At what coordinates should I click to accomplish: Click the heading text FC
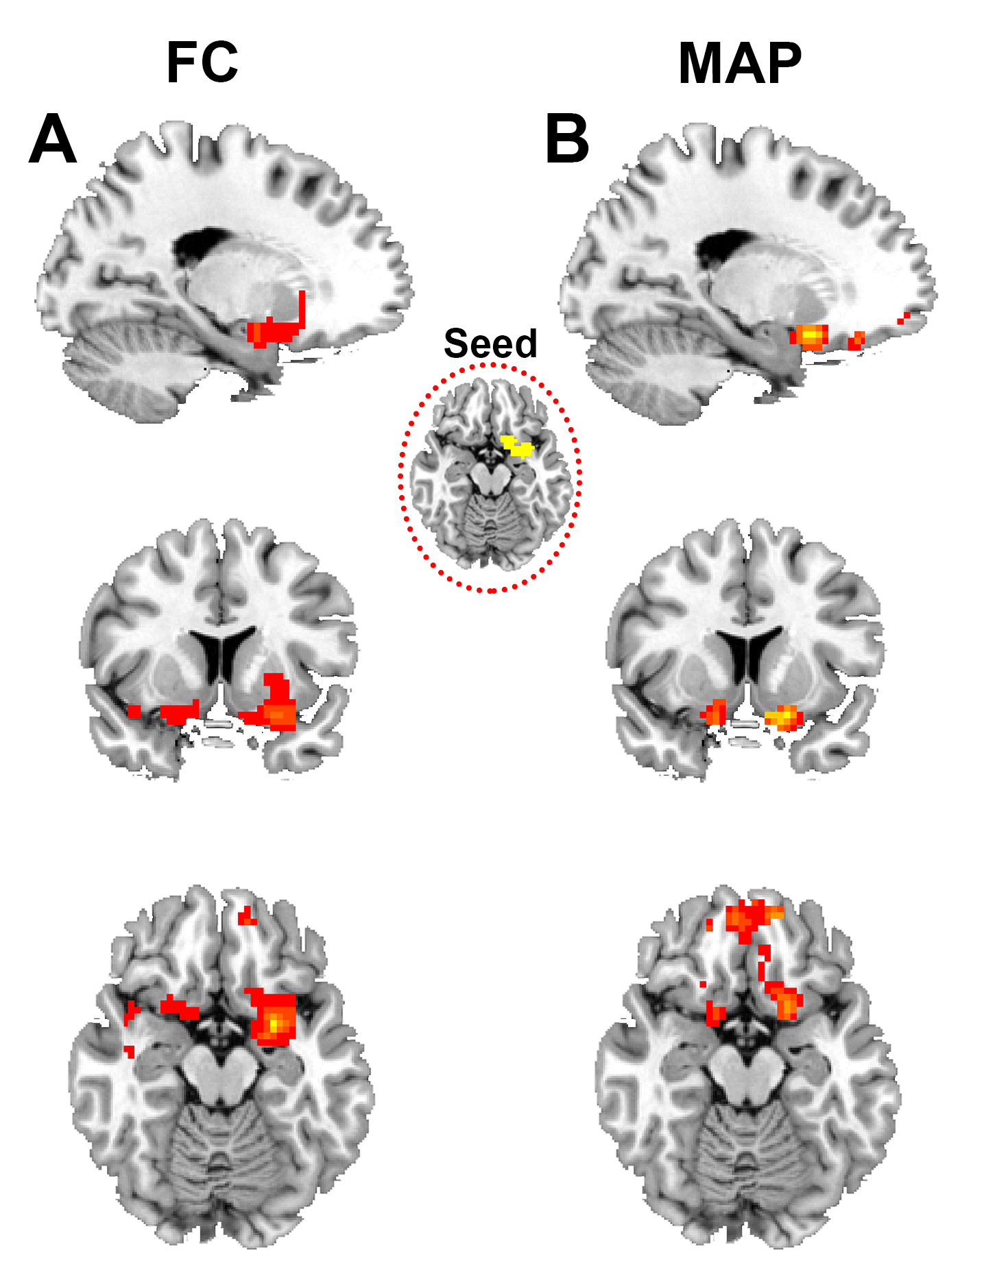coord(202,62)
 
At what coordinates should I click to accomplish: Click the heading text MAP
coord(739,64)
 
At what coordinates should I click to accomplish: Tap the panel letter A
coord(52,139)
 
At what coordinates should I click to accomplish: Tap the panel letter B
coord(567,139)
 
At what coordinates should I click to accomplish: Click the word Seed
coord(490,343)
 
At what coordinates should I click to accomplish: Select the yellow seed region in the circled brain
coord(518,447)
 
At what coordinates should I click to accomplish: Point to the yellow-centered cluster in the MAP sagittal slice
coord(811,336)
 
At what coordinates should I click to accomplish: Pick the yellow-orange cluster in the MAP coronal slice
coord(783,717)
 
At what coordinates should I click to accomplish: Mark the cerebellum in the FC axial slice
coord(219,1159)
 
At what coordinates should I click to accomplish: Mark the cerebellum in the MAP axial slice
coord(747,1159)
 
